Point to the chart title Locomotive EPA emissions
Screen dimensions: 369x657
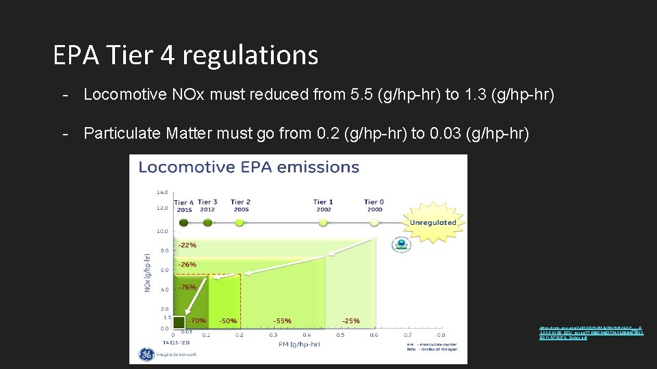(249, 167)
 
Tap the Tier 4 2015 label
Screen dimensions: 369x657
(184, 206)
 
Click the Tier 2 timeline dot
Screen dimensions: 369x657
(240, 219)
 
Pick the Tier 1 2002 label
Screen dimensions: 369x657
(324, 206)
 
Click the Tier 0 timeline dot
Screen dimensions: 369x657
(374, 219)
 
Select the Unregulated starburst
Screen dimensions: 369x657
(433, 223)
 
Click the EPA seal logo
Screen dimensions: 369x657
(400, 244)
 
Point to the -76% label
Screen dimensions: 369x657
(188, 288)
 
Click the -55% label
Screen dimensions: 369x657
(283, 320)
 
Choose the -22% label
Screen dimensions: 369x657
(188, 245)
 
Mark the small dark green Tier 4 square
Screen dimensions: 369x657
(179, 321)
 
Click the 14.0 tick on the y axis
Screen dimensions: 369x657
(163, 192)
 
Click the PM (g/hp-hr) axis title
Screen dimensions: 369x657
(299, 345)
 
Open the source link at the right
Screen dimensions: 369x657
(591, 333)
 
